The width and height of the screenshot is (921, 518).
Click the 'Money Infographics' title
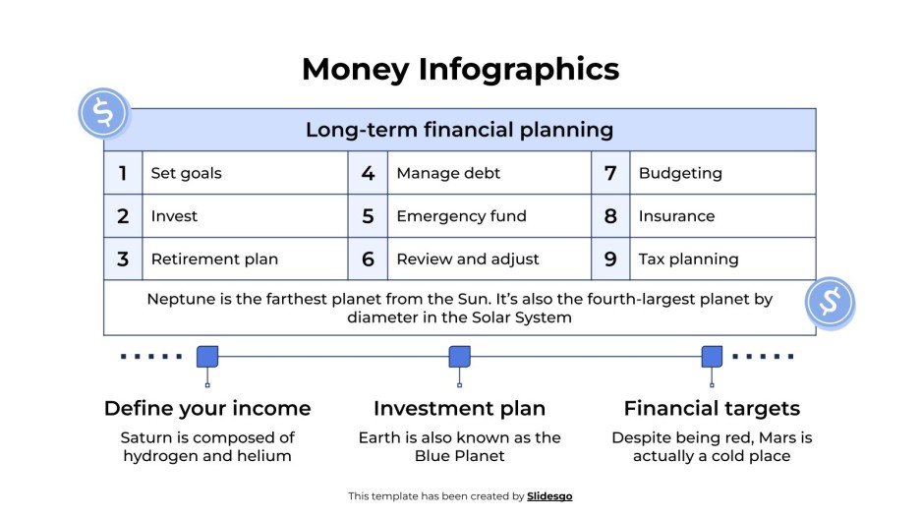460,69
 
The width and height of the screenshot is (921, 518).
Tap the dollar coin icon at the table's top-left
103,113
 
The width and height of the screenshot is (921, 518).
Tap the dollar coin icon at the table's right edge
830,302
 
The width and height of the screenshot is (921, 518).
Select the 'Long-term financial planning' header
459,130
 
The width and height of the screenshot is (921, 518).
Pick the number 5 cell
368,216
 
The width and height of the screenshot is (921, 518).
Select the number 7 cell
610,173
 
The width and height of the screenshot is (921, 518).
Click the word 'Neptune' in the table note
178,299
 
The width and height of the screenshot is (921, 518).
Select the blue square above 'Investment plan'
459,357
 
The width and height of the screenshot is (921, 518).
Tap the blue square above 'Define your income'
207,357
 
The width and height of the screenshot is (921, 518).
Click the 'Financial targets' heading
712,408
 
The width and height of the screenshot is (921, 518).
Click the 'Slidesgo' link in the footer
549,496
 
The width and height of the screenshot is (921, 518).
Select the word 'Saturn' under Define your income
145,437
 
